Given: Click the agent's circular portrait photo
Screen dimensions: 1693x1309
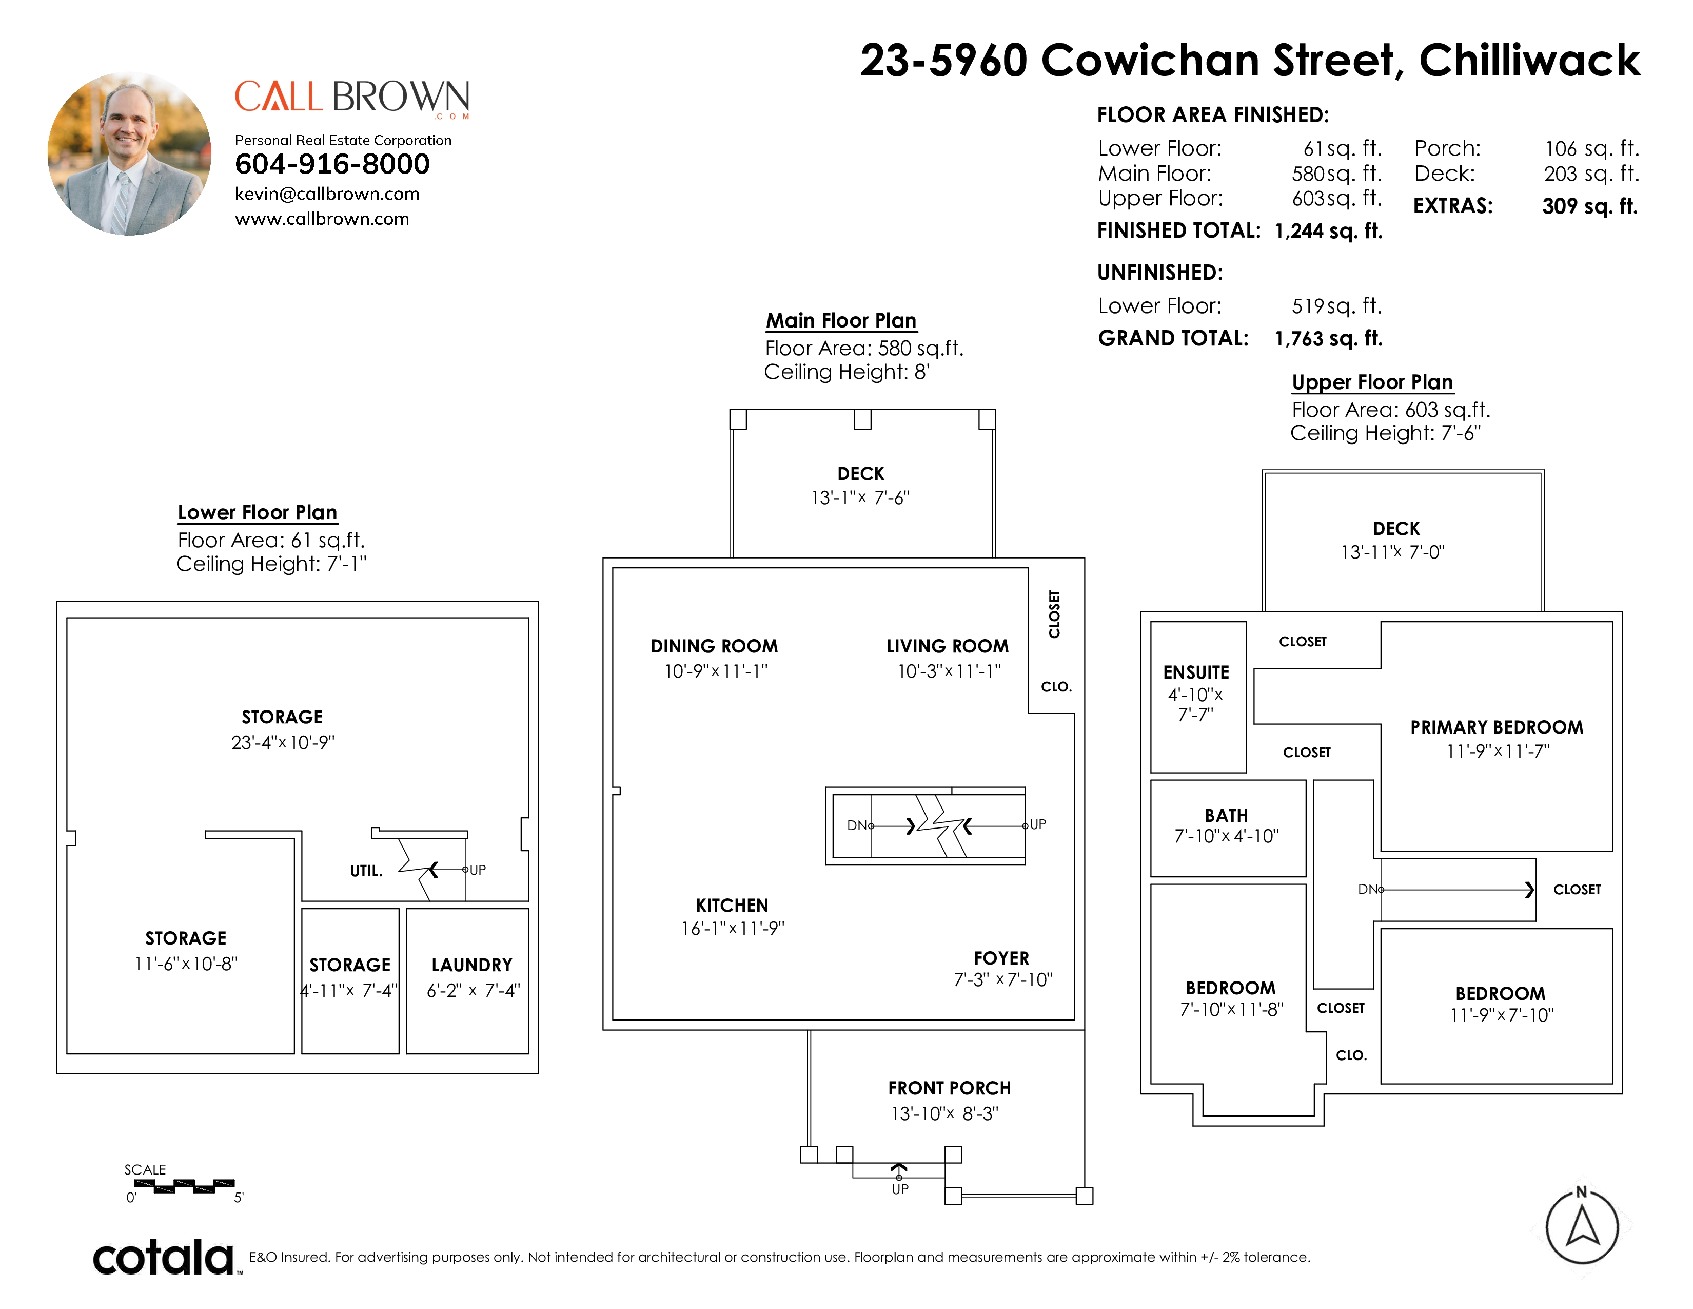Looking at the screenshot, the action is (129, 155).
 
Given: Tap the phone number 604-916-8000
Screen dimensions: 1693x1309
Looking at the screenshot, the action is (332, 164).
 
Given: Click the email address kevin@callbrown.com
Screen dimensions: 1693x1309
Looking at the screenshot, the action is (327, 194).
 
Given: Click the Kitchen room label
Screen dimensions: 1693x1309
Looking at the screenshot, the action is (732, 906).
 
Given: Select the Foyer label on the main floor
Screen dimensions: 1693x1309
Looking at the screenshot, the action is (1001, 958).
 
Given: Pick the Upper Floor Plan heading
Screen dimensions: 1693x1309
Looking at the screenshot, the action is (1372, 382).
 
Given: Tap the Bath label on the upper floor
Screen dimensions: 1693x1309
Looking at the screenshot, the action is (1226, 816).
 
